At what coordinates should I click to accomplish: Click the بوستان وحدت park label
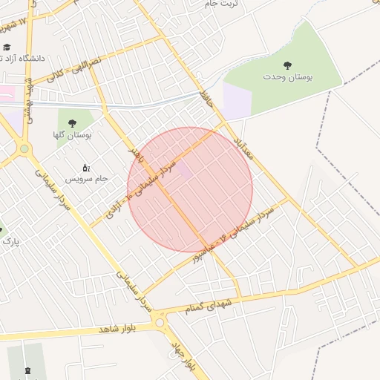tap(286, 76)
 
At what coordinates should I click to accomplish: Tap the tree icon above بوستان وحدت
tap(287, 65)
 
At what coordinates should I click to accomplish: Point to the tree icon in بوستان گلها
tap(72, 123)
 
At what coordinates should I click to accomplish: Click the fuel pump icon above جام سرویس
tap(85, 168)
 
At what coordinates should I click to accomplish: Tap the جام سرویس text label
tap(86, 179)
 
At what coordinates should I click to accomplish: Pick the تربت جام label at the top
tap(225, 4)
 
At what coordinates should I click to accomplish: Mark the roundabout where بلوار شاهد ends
tap(160, 321)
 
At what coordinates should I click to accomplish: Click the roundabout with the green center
tap(24, 148)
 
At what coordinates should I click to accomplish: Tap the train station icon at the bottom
tap(28, 368)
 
